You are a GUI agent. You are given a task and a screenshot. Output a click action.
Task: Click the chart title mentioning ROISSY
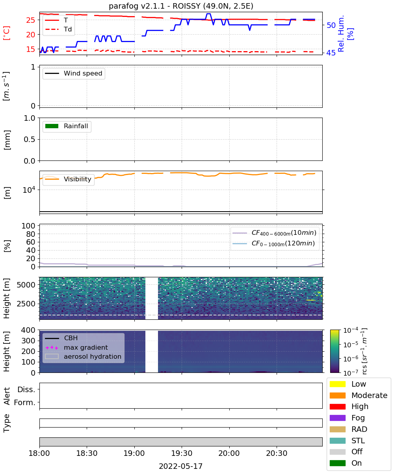[181, 6]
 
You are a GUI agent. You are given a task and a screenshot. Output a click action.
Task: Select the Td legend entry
[58, 29]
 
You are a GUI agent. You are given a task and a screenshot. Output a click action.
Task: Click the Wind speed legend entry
[74, 73]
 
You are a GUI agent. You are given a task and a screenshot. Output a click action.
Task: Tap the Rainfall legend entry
[66, 126]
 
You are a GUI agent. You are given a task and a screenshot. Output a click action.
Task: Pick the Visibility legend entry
[68, 179]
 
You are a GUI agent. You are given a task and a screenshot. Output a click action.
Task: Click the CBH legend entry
[61, 338]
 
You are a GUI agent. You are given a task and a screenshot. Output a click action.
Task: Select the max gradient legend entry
[76, 347]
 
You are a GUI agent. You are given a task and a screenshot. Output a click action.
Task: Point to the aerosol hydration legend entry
[83, 356]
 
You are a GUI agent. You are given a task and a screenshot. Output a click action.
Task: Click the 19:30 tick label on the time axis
[182, 453]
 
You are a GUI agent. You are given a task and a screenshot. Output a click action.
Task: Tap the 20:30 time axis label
[277, 453]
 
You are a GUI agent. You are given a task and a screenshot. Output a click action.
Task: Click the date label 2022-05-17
[180, 466]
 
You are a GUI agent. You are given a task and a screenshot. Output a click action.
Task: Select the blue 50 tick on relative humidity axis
[331, 25]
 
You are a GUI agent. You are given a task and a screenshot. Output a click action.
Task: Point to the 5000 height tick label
[26, 285]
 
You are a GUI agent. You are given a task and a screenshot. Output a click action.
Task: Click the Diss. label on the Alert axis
[26, 389]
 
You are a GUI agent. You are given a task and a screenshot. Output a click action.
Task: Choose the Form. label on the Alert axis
[25, 403]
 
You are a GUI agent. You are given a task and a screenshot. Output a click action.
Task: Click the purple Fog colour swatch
[337, 418]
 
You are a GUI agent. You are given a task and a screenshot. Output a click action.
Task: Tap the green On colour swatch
[337, 463]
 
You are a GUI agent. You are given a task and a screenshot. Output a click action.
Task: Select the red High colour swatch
[337, 407]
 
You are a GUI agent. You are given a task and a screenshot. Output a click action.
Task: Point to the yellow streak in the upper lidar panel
[311, 300]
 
